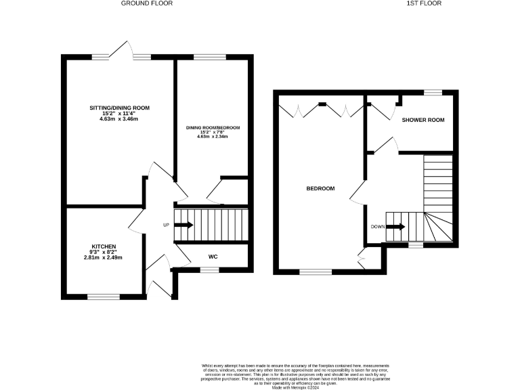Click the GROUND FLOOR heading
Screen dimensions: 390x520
pos(147,3)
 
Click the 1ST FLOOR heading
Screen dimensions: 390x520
pos(424,3)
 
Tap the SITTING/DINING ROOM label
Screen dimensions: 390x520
pos(119,108)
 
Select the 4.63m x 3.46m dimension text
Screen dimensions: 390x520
pos(119,119)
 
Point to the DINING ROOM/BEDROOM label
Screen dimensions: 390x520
pos(213,127)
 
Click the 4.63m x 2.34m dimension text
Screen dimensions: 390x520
pos(213,137)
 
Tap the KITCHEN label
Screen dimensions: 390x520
pos(104,246)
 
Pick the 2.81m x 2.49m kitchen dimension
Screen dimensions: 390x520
pos(105,257)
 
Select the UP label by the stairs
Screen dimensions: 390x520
pos(166,225)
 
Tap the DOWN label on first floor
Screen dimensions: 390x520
pos(378,226)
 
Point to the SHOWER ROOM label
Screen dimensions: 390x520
pos(423,120)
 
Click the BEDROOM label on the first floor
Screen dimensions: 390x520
pos(322,188)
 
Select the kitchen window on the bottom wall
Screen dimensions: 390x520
pos(104,295)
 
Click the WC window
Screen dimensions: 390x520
pos(210,269)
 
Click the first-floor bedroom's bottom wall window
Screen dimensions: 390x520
pos(316,272)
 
